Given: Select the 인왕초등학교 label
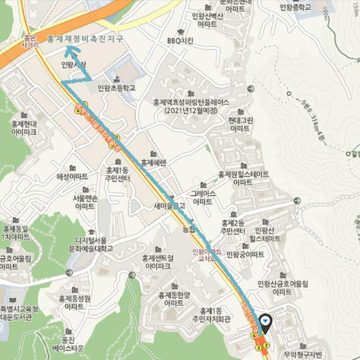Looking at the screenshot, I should (x=116, y=88).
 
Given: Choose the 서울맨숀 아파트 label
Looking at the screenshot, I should (x=83, y=203).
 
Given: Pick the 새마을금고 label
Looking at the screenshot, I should (x=170, y=205).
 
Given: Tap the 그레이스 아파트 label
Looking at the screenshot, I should (x=202, y=197).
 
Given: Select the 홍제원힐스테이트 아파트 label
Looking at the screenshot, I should (x=244, y=178).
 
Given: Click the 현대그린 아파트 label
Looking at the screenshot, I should (x=241, y=124).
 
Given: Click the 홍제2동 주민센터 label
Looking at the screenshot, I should (x=232, y=227).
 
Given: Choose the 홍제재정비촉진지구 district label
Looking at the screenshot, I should (x=87, y=38).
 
